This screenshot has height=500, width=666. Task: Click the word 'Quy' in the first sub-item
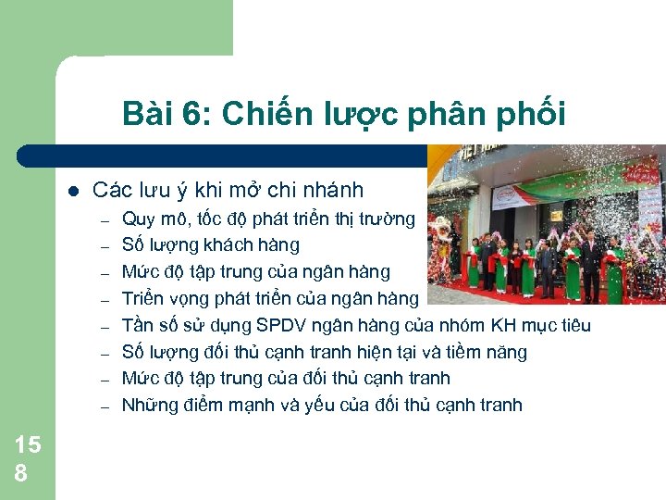[137, 219]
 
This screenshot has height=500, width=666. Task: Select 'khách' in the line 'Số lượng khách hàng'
[237, 245]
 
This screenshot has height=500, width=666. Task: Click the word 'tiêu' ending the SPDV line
[573, 325]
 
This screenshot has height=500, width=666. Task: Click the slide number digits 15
[28, 445]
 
